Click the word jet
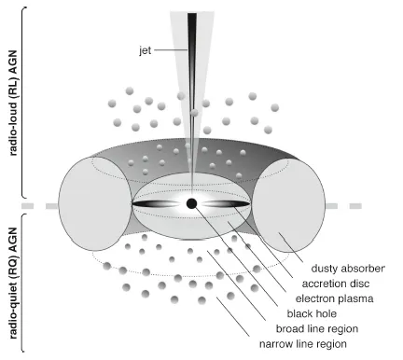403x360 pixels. tap(146, 50)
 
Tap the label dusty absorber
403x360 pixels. tap(348, 269)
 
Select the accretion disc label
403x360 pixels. tap(336, 284)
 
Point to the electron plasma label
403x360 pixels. tap(334, 298)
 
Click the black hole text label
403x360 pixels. tap(312, 313)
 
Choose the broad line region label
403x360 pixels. tap(317, 329)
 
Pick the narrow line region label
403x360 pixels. tap(303, 344)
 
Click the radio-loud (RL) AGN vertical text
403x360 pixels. tap(13, 103)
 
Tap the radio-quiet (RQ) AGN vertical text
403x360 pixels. tap(13, 283)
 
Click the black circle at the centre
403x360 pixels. tap(191, 203)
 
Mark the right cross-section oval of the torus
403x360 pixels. tap(288, 205)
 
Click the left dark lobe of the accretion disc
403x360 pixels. tap(156, 204)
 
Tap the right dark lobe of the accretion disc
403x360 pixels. tap(226, 204)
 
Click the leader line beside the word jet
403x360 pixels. tap(171, 49)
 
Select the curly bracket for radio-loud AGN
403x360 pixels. tap(23, 102)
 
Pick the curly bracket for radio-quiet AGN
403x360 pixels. tap(23, 283)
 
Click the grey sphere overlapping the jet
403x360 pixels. tap(194, 113)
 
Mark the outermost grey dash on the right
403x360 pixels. tap(355, 206)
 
